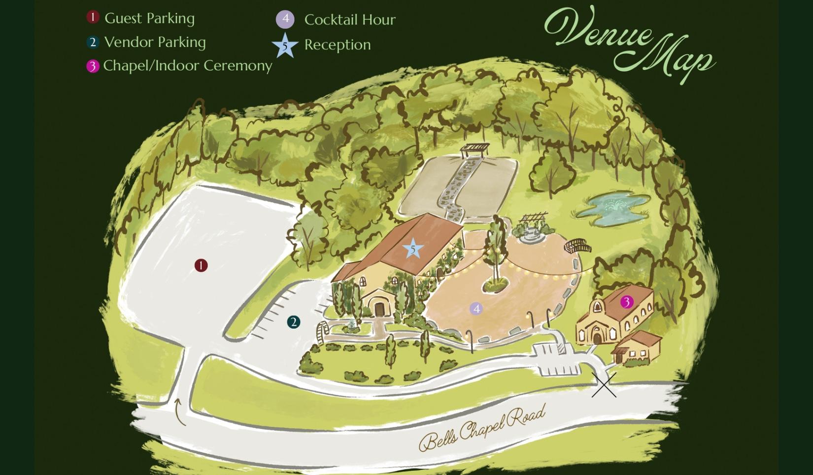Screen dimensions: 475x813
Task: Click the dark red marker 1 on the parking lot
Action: [x=201, y=265]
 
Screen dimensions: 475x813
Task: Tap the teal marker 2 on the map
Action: [x=294, y=322]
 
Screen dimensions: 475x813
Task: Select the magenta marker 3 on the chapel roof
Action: [x=627, y=301]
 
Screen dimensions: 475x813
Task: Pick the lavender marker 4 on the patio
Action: [x=476, y=309]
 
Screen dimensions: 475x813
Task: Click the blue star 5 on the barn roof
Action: [x=413, y=249]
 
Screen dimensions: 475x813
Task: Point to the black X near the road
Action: [x=604, y=385]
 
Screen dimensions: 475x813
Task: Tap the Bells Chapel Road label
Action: [x=483, y=428]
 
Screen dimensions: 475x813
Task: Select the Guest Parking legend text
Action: [x=150, y=18]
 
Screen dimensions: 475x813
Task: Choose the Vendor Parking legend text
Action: [x=155, y=42]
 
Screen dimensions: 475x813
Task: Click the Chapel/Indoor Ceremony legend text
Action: [x=188, y=65]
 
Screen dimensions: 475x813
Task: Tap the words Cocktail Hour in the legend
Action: [x=350, y=20]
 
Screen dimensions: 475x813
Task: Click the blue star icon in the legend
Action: [x=285, y=45]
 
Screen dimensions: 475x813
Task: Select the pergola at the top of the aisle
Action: [x=475, y=149]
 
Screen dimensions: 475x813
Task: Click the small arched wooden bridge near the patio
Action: [x=577, y=245]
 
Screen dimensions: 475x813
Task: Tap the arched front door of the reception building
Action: [x=379, y=308]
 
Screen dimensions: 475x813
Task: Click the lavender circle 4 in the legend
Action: [x=285, y=20]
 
